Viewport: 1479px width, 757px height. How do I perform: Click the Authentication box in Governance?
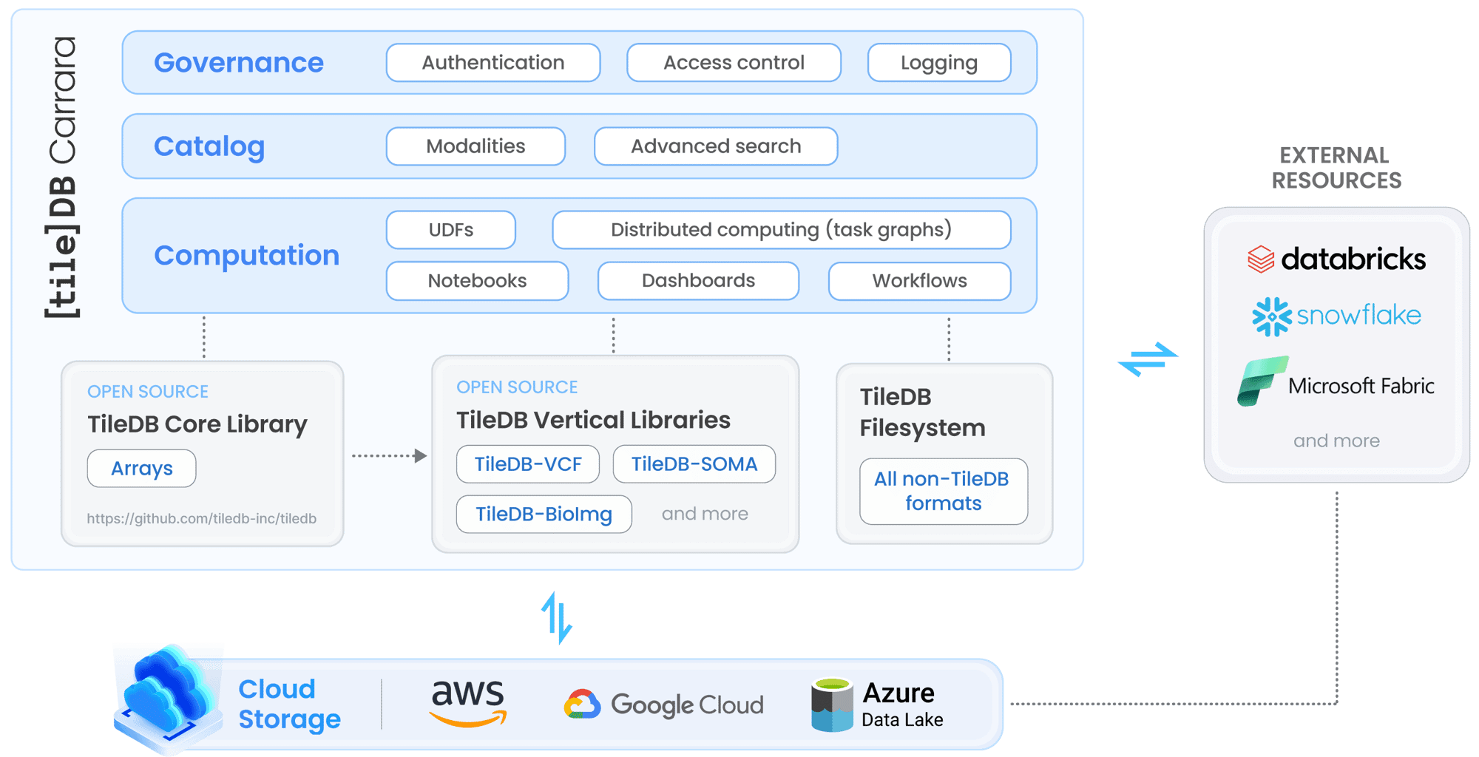pyautogui.click(x=493, y=63)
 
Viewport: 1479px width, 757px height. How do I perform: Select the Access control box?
pyautogui.click(x=734, y=63)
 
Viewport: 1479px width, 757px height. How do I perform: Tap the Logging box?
pyautogui.click(x=939, y=63)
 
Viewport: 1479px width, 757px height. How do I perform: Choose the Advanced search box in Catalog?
pyautogui.click(x=716, y=146)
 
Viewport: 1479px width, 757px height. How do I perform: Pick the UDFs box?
pyautogui.click(x=451, y=230)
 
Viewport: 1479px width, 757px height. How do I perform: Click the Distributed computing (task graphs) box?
pyautogui.click(x=781, y=230)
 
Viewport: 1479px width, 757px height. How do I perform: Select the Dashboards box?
pyautogui.click(x=698, y=281)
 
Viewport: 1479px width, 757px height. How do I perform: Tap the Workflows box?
pyautogui.click(x=919, y=281)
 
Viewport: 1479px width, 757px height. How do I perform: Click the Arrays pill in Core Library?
pyautogui.click(x=142, y=469)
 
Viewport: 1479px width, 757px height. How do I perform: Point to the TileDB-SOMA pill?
pyautogui.click(x=694, y=464)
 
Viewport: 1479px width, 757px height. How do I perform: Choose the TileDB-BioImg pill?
pyautogui.click(x=544, y=515)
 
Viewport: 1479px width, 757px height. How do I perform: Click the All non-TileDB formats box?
pyautogui.click(x=944, y=492)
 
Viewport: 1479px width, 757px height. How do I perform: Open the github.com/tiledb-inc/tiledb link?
pyautogui.click(x=202, y=519)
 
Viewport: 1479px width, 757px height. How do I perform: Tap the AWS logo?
pyautogui.click(x=468, y=703)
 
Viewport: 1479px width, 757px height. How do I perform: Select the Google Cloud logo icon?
pyautogui.click(x=583, y=705)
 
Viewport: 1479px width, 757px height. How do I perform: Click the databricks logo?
pyautogui.click(x=1336, y=259)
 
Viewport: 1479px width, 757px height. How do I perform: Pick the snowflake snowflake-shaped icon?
pyautogui.click(x=1271, y=316)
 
